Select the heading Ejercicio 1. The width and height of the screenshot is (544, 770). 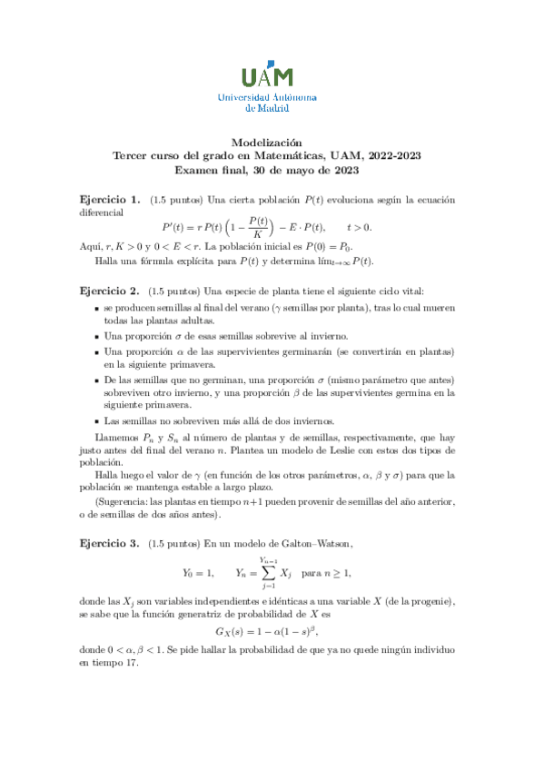pyautogui.click(x=109, y=200)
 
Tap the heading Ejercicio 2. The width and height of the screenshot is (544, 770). pyautogui.click(x=109, y=291)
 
